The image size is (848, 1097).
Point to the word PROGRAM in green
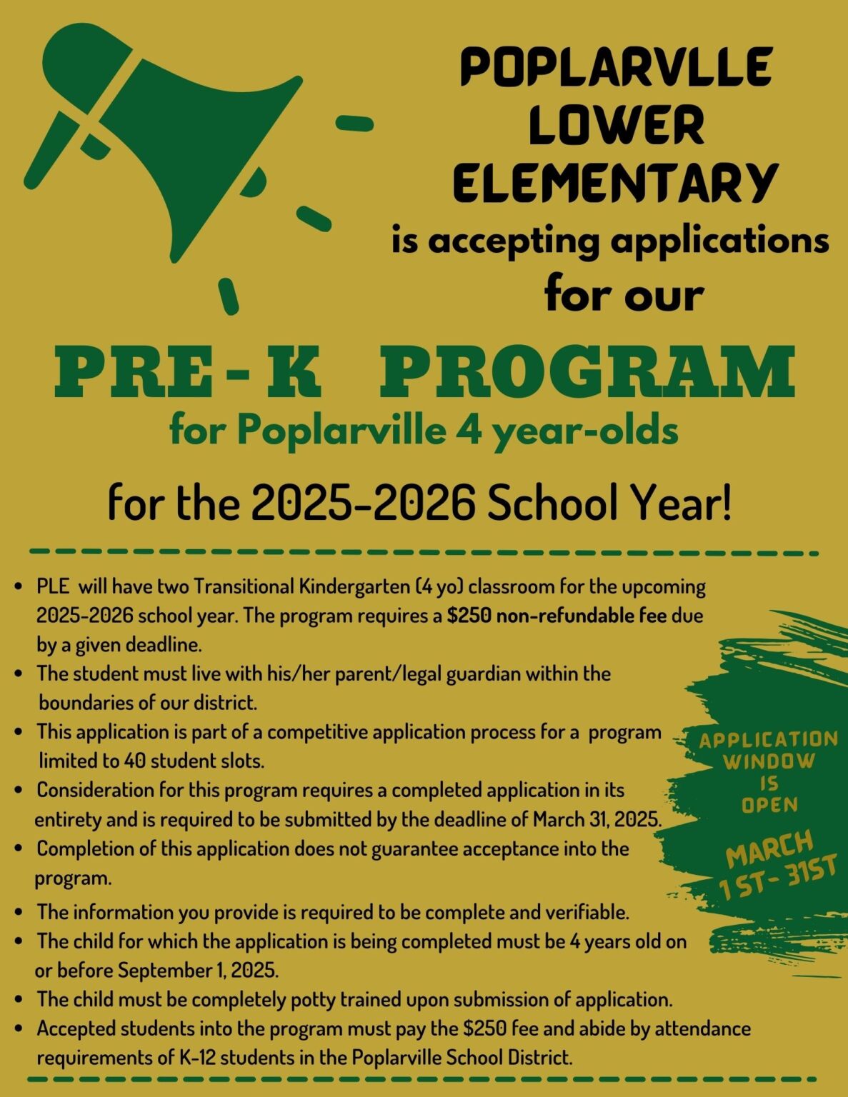coord(586,371)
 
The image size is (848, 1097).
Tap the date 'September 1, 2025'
coord(198,971)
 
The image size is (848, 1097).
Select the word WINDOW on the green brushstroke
coord(769,761)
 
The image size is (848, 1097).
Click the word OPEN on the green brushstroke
coord(769,805)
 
